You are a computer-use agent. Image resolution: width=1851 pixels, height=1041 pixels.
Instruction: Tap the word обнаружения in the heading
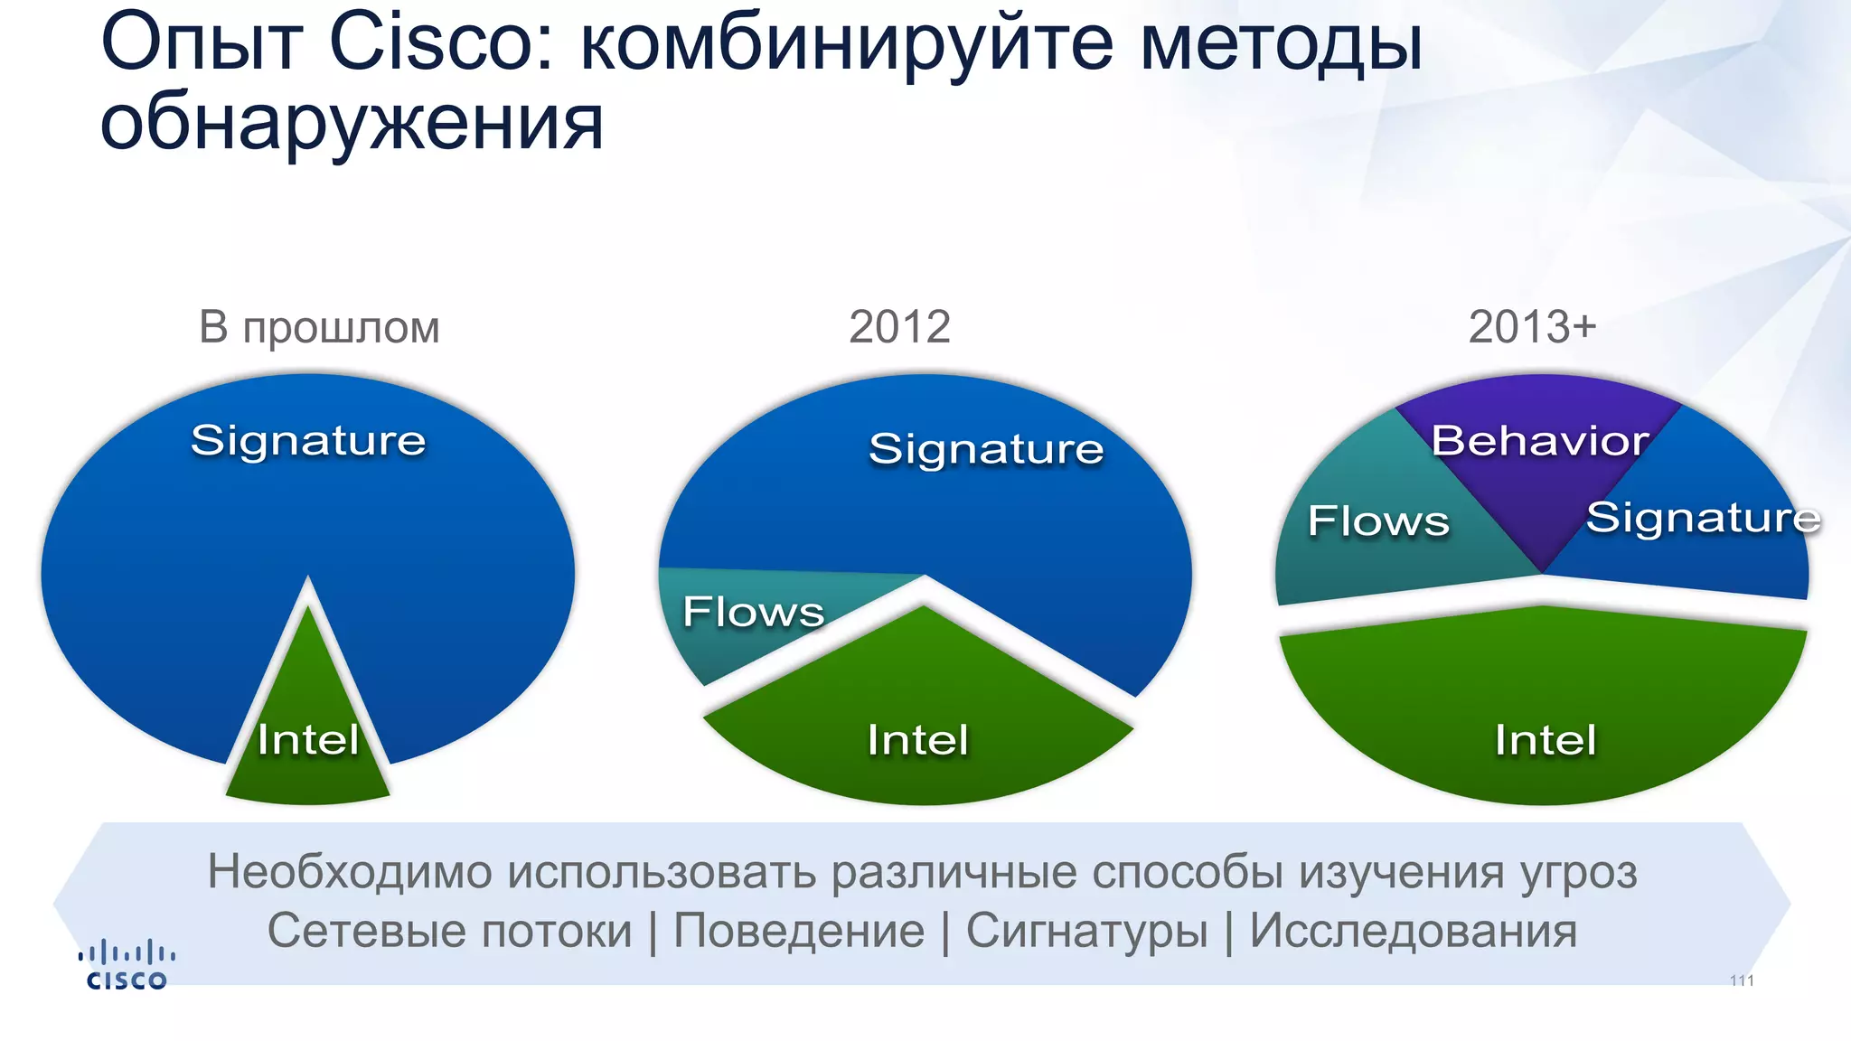[x=352, y=124]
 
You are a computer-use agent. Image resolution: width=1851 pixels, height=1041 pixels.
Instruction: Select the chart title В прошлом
[x=319, y=327]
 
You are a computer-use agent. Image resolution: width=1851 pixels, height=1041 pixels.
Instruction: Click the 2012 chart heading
[x=899, y=327]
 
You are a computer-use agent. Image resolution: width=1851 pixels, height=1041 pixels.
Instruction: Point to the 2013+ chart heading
[x=1532, y=327]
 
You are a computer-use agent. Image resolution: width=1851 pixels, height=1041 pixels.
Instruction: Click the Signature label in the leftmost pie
[x=308, y=441]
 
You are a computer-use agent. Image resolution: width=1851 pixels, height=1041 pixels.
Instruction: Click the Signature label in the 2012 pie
[x=986, y=449]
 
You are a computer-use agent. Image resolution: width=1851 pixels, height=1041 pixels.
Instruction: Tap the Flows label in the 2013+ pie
[x=1378, y=521]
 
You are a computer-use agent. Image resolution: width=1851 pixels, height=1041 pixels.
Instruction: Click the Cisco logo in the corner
[x=127, y=966]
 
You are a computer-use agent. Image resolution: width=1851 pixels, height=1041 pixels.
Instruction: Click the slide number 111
[x=1742, y=981]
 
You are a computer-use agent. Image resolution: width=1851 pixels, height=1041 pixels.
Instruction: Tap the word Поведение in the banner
[x=799, y=931]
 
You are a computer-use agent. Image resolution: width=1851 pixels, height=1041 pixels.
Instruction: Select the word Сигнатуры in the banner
[x=1086, y=931]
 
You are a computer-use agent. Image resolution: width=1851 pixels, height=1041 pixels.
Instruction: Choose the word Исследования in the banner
[x=1413, y=931]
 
